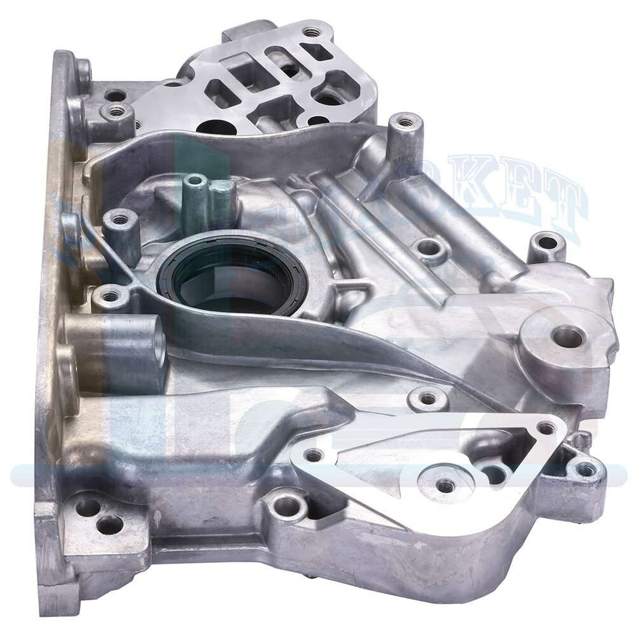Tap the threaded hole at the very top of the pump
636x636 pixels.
pos(311,30)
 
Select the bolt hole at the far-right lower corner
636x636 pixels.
pos(585,469)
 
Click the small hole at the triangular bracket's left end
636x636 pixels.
pos(311,455)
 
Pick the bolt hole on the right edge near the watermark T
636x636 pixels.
pos(542,242)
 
